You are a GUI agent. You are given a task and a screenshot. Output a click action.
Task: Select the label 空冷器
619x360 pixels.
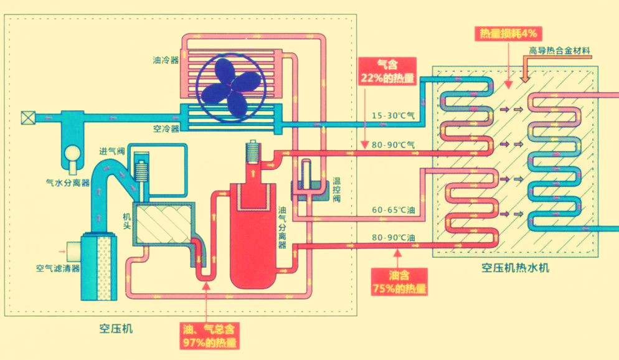[x=166, y=128]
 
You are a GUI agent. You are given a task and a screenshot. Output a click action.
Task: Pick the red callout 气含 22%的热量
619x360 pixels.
[x=387, y=70]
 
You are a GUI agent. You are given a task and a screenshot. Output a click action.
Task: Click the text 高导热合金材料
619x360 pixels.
[x=559, y=50]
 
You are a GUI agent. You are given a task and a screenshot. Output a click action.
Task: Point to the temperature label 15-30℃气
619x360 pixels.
[x=393, y=115]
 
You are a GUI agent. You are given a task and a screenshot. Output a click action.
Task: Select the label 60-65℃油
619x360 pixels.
[x=393, y=210]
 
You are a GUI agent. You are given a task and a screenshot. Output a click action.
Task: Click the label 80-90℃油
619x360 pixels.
[x=393, y=237]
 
